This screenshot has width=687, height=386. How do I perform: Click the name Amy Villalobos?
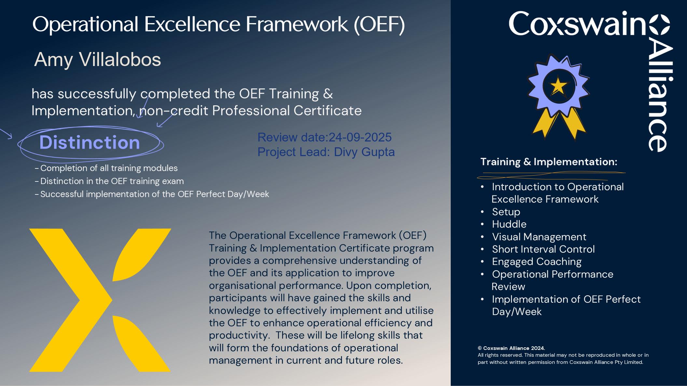click(x=98, y=60)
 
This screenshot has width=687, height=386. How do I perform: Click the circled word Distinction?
click(x=89, y=142)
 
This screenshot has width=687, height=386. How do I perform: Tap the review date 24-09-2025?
click(x=360, y=138)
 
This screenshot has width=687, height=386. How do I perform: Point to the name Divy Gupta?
click(x=364, y=152)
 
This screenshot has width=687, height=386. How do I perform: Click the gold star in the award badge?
click(x=559, y=86)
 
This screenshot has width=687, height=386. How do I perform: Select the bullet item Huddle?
click(x=509, y=224)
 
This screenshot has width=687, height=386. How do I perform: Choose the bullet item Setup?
click(x=506, y=212)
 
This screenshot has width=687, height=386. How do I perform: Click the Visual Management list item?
click(x=539, y=237)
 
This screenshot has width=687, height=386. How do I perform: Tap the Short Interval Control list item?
click(x=543, y=249)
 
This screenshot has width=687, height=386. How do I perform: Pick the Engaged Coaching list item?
click(x=537, y=262)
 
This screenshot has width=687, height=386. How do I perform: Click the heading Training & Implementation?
click(x=549, y=162)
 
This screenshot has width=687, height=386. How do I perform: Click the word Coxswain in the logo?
click(x=577, y=23)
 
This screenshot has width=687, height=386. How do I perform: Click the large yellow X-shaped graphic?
click(x=100, y=300)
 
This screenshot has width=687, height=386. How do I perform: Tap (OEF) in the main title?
click(x=379, y=24)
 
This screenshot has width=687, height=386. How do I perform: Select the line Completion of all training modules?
click(x=109, y=168)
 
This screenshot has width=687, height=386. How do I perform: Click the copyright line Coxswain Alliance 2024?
click(x=511, y=348)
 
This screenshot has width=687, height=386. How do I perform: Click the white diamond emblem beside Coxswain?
click(x=660, y=24)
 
